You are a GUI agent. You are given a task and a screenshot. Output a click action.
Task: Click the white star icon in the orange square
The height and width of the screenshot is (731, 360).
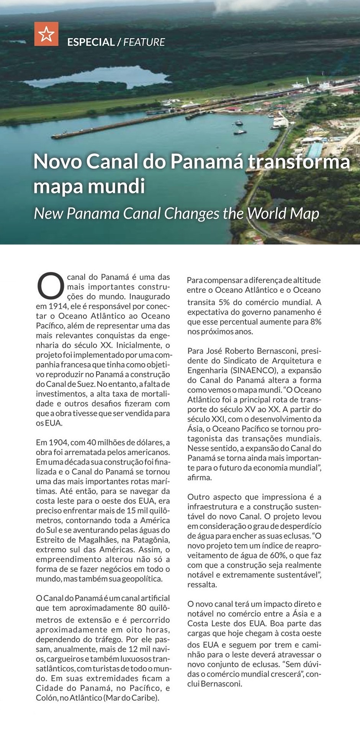pos(46,34)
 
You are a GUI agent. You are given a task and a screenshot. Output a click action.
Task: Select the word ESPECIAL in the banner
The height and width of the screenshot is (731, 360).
pos(91,42)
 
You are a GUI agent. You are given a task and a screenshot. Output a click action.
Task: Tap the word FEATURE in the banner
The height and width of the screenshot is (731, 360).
pos(144,42)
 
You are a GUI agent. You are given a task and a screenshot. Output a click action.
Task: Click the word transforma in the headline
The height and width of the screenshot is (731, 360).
pos(299,162)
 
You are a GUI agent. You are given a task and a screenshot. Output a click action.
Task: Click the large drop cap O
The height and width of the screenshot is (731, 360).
pos(50,285)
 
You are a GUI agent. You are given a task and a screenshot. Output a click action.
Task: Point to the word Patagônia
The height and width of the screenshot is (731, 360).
pos(151,540)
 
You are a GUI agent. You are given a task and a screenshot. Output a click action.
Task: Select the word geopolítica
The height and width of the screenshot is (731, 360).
pos(142,579)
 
